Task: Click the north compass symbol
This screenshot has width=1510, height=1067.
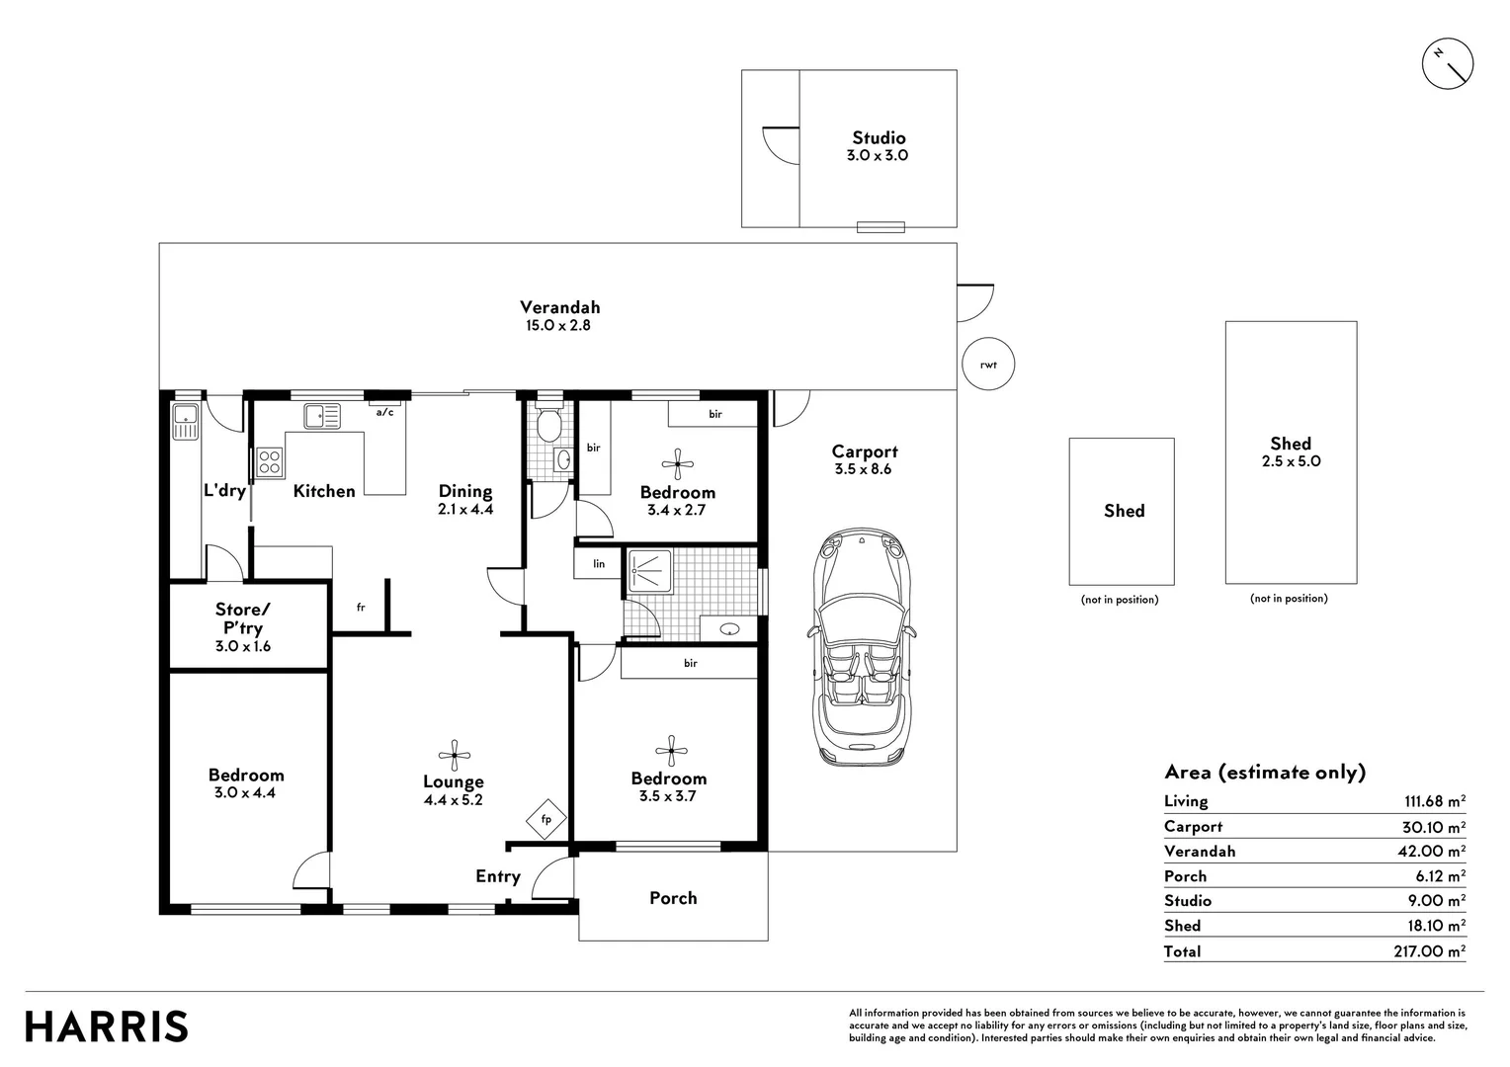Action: click(x=1447, y=64)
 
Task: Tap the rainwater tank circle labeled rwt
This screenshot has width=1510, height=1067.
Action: click(x=988, y=365)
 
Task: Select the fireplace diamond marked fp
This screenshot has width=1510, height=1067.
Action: click(x=545, y=819)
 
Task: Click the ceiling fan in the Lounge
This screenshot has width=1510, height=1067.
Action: click(x=454, y=755)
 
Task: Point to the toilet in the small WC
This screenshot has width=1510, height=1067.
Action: click(x=548, y=426)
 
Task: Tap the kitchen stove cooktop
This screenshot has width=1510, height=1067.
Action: click(x=270, y=462)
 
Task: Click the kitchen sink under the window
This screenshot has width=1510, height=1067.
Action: click(x=321, y=416)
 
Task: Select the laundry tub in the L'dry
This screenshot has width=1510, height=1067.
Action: click(x=185, y=422)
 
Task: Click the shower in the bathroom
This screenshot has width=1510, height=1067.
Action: click(x=649, y=571)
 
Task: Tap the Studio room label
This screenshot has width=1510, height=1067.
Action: click(x=879, y=138)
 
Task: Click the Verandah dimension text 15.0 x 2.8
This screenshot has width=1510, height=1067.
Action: click(x=559, y=325)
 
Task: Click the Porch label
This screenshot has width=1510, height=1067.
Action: click(x=673, y=898)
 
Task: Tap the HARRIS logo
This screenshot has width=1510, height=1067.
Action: click(x=107, y=1026)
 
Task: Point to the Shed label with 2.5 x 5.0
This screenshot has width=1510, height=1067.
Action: click(x=1291, y=445)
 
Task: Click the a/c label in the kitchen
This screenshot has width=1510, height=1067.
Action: click(x=384, y=413)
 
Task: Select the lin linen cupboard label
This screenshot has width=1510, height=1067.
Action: click(x=599, y=564)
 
